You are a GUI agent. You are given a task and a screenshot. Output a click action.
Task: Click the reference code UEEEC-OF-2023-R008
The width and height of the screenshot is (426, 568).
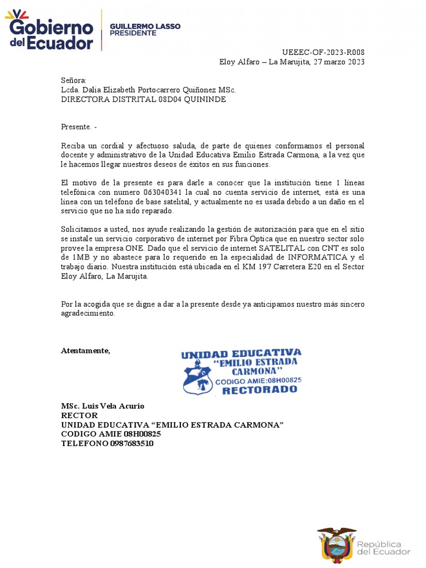[327, 53]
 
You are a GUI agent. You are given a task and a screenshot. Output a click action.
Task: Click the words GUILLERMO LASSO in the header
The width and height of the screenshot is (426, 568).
[145, 26]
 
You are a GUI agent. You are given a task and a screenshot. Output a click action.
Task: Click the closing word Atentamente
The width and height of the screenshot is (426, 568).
[85, 351]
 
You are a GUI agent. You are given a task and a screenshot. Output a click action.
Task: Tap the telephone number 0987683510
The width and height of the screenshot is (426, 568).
[132, 444]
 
